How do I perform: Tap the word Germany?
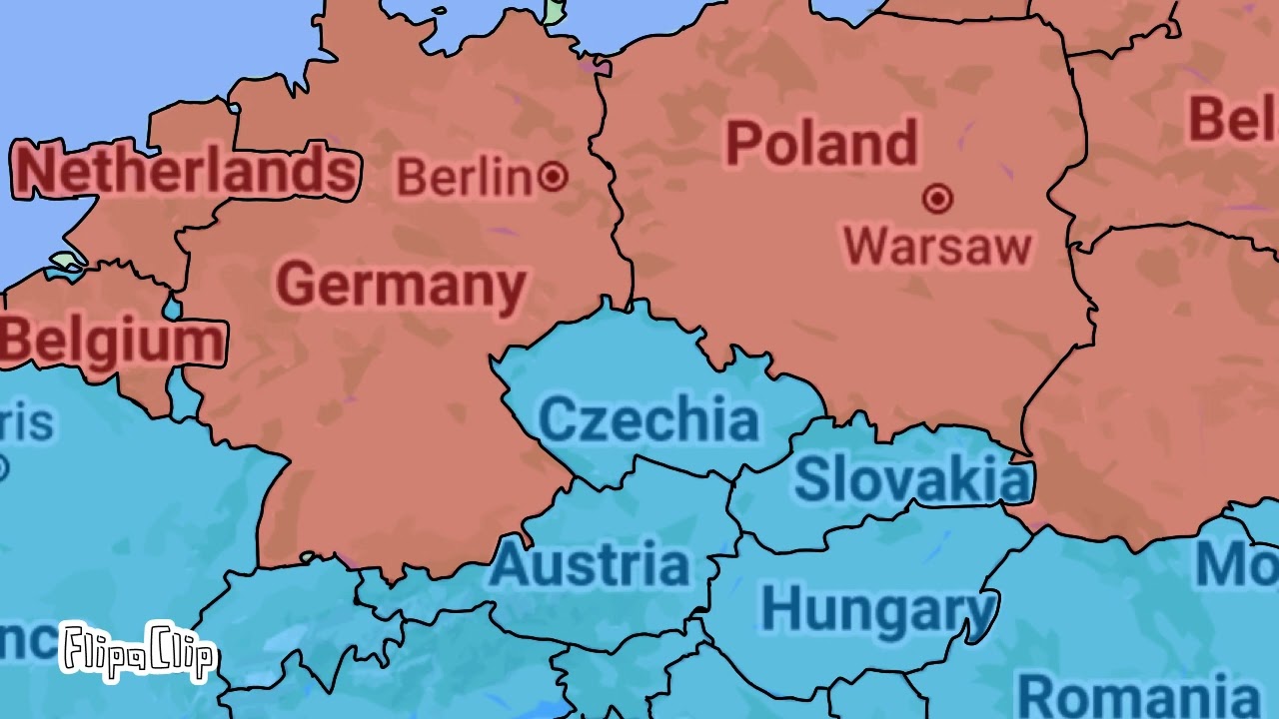(401, 286)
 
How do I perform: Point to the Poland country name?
(820, 144)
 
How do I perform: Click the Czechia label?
(647, 419)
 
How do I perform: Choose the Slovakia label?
(910, 479)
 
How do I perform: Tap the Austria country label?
(590, 565)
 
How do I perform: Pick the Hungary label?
(877, 608)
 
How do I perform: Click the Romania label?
(1137, 695)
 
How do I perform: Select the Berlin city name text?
(464, 178)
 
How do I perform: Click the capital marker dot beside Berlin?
(553, 178)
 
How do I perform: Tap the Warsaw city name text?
(937, 246)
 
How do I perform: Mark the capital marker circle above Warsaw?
(937, 200)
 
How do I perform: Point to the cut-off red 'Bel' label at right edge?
(1232, 119)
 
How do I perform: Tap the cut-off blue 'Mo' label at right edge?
(1237, 565)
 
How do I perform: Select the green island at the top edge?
(555, 10)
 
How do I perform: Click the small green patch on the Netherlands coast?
(67, 262)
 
